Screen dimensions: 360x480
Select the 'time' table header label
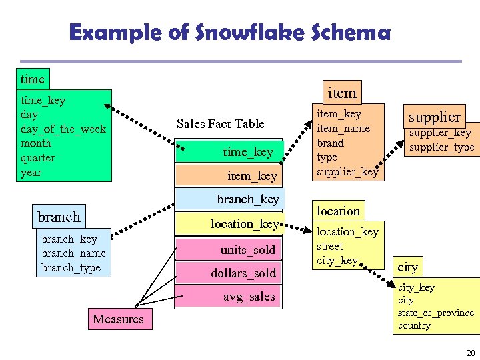click(32, 79)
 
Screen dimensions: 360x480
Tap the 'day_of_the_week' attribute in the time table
click(63, 129)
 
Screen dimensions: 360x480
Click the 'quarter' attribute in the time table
click(38, 158)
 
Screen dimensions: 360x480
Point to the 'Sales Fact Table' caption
click(220, 124)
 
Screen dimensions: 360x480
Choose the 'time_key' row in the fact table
click(247, 152)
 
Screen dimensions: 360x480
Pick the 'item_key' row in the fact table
click(251, 175)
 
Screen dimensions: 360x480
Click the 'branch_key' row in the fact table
click(248, 199)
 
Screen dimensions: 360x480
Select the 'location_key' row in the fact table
click(244, 224)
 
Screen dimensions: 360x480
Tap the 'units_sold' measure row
click(247, 250)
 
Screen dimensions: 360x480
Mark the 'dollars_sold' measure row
click(243, 273)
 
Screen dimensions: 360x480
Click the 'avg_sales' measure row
click(249, 297)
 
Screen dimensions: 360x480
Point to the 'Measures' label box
click(118, 319)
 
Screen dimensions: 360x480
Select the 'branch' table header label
click(59, 217)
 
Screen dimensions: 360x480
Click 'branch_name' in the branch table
click(73, 253)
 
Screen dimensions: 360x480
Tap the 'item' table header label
click(342, 93)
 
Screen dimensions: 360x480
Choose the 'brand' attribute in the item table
click(330, 143)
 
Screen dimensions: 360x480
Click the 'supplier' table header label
click(434, 117)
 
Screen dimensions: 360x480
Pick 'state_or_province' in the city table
click(435, 313)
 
